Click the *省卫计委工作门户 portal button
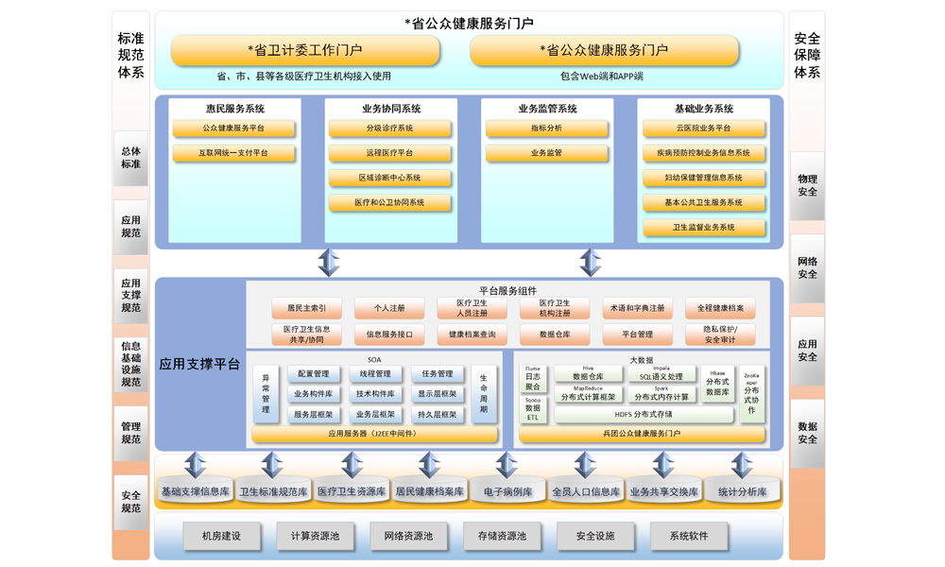click(305, 50)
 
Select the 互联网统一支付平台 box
click(233, 153)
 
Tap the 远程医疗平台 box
click(389, 153)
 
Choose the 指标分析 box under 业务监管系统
click(546, 129)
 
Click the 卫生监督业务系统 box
click(704, 228)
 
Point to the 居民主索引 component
click(306, 308)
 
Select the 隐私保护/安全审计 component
click(720, 335)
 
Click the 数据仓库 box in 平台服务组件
click(555, 335)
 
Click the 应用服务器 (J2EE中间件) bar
click(373, 435)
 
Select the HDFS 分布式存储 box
click(644, 415)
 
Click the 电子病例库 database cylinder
click(507, 491)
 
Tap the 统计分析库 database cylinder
click(742, 491)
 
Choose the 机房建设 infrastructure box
click(221, 537)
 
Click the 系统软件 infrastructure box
click(688, 537)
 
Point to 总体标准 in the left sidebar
click(130, 158)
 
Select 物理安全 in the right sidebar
click(807, 185)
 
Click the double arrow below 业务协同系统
click(328, 263)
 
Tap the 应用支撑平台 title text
click(199, 364)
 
